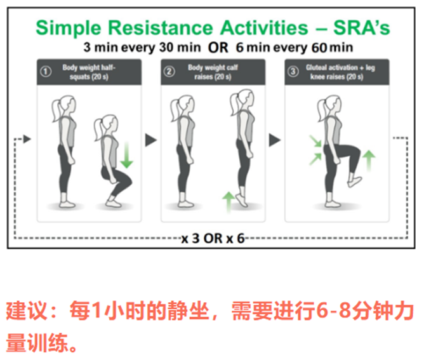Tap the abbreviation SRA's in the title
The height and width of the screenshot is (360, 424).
(x=362, y=27)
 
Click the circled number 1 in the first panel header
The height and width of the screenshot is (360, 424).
(x=46, y=72)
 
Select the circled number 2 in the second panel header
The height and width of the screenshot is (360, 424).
(x=169, y=72)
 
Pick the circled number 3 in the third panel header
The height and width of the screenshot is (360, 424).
(x=293, y=72)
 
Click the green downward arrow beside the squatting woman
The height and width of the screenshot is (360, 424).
(x=126, y=155)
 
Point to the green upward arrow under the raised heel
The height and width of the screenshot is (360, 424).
(x=229, y=202)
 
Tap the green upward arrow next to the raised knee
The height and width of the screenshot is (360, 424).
(x=369, y=161)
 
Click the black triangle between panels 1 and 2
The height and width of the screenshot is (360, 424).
(x=151, y=140)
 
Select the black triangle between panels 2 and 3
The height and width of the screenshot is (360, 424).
(x=275, y=140)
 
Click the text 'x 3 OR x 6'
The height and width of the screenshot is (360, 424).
(x=213, y=239)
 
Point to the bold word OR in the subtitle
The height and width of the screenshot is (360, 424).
(x=218, y=48)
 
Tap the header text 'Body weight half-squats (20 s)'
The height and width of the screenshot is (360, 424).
(x=89, y=72)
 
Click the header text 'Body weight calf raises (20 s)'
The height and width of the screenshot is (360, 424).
(x=213, y=72)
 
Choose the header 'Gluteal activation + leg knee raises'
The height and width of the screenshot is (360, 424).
(x=340, y=72)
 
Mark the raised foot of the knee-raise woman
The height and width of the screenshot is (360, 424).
(x=355, y=182)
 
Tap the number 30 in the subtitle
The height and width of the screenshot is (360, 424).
(x=166, y=48)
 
